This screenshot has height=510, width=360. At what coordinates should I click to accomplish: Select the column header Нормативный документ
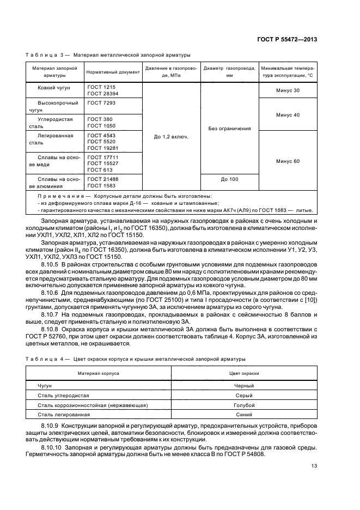click(x=113, y=72)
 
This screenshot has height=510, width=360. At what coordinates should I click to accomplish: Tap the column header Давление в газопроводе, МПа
click(x=171, y=72)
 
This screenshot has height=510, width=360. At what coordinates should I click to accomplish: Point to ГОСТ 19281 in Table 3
click(x=101, y=148)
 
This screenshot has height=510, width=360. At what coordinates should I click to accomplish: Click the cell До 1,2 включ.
click(x=171, y=137)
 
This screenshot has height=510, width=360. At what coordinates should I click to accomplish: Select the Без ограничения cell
click(x=229, y=129)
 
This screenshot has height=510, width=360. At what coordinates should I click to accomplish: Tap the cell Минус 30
click(x=288, y=90)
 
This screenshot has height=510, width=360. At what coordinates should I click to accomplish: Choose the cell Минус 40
click(x=288, y=115)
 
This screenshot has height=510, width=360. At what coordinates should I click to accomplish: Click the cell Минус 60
click(x=288, y=161)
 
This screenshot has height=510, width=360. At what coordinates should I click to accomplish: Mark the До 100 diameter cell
click(x=229, y=179)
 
